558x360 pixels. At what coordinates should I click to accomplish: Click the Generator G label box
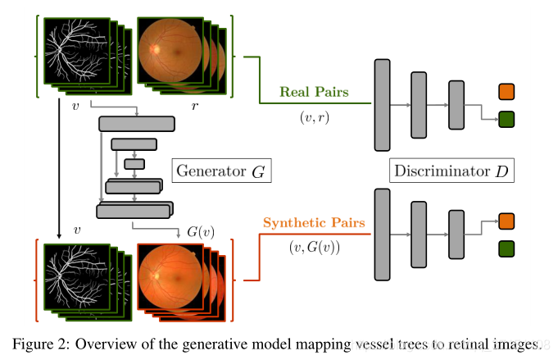point(221,172)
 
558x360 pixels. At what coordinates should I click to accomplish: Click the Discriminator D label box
point(451,171)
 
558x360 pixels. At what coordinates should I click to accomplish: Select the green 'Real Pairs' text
point(314,92)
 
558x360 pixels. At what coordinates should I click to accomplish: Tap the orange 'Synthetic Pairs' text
point(313,223)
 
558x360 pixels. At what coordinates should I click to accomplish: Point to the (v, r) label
point(314,116)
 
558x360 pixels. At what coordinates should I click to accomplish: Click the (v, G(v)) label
point(315,247)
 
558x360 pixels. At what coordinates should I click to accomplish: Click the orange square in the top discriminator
point(506,91)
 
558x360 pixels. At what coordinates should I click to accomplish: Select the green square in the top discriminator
point(506,120)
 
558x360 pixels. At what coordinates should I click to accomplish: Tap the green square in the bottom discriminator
point(506,248)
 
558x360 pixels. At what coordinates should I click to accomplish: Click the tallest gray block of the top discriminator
point(382,105)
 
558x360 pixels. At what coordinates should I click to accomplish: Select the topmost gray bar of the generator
point(136,124)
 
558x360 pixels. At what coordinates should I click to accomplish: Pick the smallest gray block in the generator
point(134,163)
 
